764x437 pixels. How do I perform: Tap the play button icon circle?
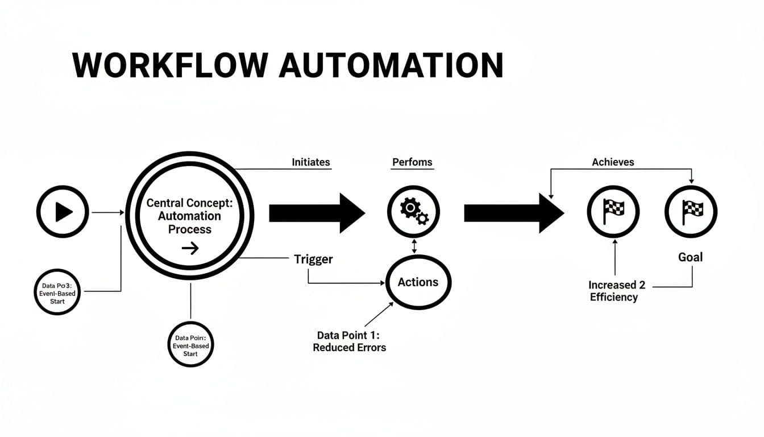click(x=63, y=212)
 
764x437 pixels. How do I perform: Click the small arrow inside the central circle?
click(x=190, y=248)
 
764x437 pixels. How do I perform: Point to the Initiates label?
click(x=310, y=162)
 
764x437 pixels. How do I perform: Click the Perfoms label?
click(x=412, y=162)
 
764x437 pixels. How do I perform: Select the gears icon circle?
click(x=413, y=212)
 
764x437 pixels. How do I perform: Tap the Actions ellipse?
click(x=418, y=282)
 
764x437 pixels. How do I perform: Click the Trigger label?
click(x=313, y=259)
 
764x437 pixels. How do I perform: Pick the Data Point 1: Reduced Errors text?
click(x=349, y=341)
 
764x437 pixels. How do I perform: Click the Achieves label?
click(x=613, y=162)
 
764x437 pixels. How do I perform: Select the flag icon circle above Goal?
click(x=691, y=212)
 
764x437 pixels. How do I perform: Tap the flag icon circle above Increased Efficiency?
click(x=613, y=212)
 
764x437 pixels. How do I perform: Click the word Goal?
click(x=690, y=257)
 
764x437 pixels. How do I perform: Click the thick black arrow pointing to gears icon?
click(x=316, y=213)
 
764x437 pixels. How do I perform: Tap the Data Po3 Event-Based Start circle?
click(x=57, y=291)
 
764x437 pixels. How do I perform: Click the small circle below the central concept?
click(x=190, y=345)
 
